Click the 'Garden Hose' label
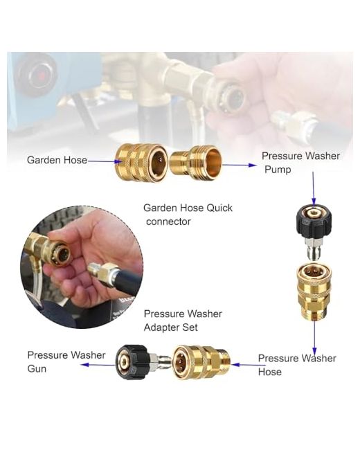tap(57, 160)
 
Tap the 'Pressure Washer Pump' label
tap(300, 163)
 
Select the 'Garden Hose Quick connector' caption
tap(188, 215)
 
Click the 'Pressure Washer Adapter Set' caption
tap(183, 321)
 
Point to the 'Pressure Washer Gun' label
tap(66, 361)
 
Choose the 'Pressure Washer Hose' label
tap(297, 365)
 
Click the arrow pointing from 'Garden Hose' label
tap(105, 161)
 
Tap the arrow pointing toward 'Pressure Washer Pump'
tap(240, 165)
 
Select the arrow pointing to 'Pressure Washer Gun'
tap(98, 365)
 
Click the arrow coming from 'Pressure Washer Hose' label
tap(249, 365)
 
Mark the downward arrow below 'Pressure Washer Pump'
tap(314, 189)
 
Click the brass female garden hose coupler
tap(141, 163)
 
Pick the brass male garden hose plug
tap(196, 163)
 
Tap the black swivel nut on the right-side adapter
tap(314, 220)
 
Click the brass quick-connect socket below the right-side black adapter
tap(314, 292)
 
